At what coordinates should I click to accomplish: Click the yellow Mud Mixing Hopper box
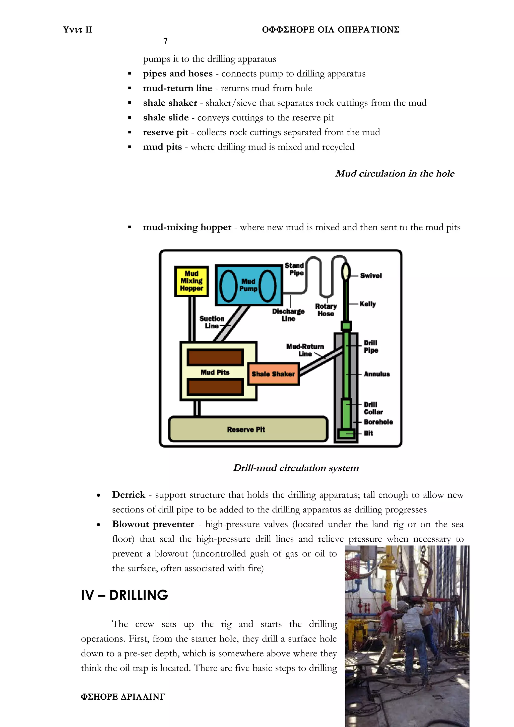tap(191, 281)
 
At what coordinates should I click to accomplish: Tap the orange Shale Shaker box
tap(273, 374)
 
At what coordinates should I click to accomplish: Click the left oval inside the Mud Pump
tap(228, 285)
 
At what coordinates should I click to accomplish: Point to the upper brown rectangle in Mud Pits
tap(215, 357)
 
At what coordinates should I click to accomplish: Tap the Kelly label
tap(367, 304)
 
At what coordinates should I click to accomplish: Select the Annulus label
tap(376, 374)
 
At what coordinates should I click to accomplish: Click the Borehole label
tap(378, 422)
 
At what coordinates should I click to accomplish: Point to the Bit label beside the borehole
tap(368, 433)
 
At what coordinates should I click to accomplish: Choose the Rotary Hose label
tap(326, 310)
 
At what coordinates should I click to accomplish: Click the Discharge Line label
tap(288, 315)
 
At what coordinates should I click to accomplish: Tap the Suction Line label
tap(212, 322)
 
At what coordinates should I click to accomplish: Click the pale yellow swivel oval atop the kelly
tap(346, 271)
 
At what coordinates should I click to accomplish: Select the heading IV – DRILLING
tap(124, 595)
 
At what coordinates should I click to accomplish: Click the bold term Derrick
tap(128, 495)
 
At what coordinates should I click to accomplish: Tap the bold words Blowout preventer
tap(153, 524)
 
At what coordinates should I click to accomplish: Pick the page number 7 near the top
tap(165, 41)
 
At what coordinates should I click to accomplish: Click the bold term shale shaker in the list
tap(170, 103)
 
